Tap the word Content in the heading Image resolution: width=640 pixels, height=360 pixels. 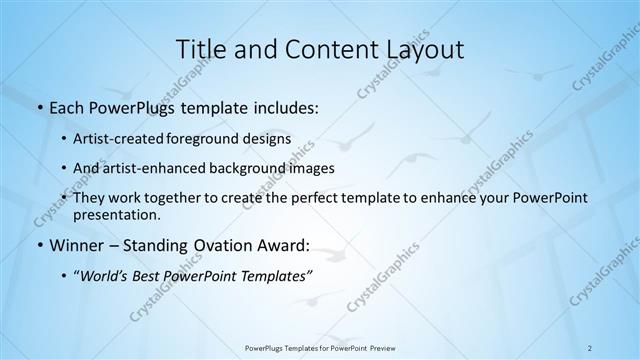316,49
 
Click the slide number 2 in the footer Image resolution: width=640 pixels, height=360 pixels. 590,347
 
